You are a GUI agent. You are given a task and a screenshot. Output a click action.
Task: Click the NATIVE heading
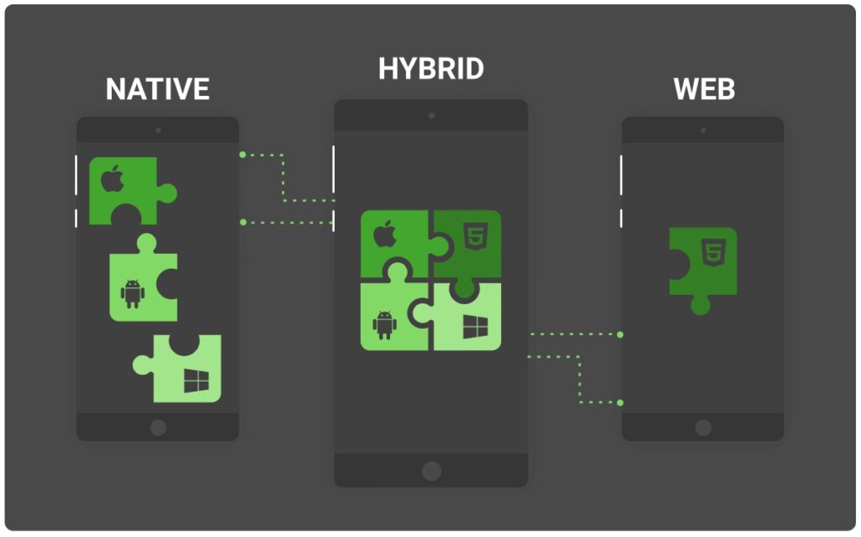[157, 89]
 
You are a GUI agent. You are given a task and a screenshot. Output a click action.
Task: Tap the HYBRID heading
[431, 69]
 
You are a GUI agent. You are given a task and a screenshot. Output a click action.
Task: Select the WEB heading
[704, 89]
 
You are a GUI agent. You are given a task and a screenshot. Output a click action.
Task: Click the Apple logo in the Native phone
[113, 178]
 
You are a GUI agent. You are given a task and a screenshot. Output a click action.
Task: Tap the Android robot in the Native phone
[133, 294]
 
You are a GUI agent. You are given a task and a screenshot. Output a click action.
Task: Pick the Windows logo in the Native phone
[196, 381]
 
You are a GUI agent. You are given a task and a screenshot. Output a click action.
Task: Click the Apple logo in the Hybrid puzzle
[385, 234]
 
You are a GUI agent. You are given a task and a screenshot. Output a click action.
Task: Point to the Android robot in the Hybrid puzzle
[384, 325]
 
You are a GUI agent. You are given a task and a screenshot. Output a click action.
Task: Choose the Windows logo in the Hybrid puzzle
[475, 327]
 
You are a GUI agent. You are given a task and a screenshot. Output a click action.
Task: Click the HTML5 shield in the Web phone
[713, 253]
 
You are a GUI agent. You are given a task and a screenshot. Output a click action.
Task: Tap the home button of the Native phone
[158, 427]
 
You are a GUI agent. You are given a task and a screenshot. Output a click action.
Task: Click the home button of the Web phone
[704, 427]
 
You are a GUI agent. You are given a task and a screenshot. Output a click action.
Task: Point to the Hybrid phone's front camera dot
[431, 116]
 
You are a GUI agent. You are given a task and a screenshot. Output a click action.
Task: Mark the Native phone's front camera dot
[158, 131]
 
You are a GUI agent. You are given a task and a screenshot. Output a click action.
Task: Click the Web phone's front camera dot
[704, 131]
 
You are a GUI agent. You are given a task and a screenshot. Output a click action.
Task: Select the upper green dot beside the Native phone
[243, 155]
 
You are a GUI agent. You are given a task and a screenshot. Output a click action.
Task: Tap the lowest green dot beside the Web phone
[620, 403]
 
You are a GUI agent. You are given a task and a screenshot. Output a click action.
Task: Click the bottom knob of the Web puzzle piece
[700, 305]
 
